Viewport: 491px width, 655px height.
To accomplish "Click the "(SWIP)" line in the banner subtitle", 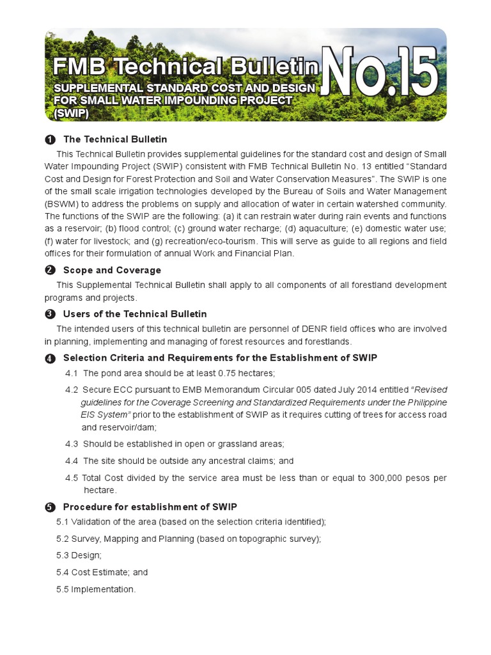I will [72, 113].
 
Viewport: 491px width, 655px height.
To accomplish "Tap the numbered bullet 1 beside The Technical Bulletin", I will [50, 140].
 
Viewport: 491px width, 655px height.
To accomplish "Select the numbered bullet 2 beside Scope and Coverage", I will [50, 271].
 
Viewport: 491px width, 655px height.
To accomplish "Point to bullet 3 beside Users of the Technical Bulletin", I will [50, 314].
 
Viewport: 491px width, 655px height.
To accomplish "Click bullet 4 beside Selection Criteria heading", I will [50, 358].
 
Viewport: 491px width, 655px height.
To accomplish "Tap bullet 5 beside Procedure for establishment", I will [50, 507].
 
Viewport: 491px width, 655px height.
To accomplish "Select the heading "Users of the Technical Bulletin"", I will [135, 314].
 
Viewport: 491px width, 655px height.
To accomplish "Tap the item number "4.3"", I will [72, 443].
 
